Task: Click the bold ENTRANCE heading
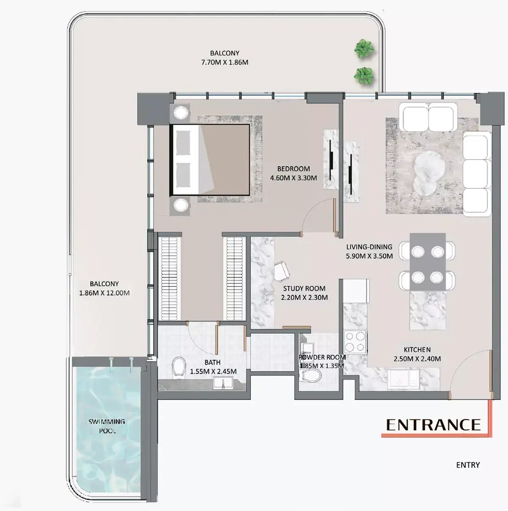[433, 425]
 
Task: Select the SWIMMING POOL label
[107, 426]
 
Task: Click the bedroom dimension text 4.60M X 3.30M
[293, 178]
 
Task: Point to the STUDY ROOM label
[304, 288]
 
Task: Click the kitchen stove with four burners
[355, 341]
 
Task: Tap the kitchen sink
[403, 379]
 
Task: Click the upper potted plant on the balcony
[364, 49]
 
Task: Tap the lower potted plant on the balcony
[364, 76]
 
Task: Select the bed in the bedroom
[210, 160]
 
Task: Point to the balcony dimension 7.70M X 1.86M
[224, 63]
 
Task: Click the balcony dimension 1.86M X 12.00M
[104, 293]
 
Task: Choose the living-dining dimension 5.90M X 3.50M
[369, 256]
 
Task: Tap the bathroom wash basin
[223, 383]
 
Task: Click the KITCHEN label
[417, 349]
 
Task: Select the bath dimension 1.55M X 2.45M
[213, 371]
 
